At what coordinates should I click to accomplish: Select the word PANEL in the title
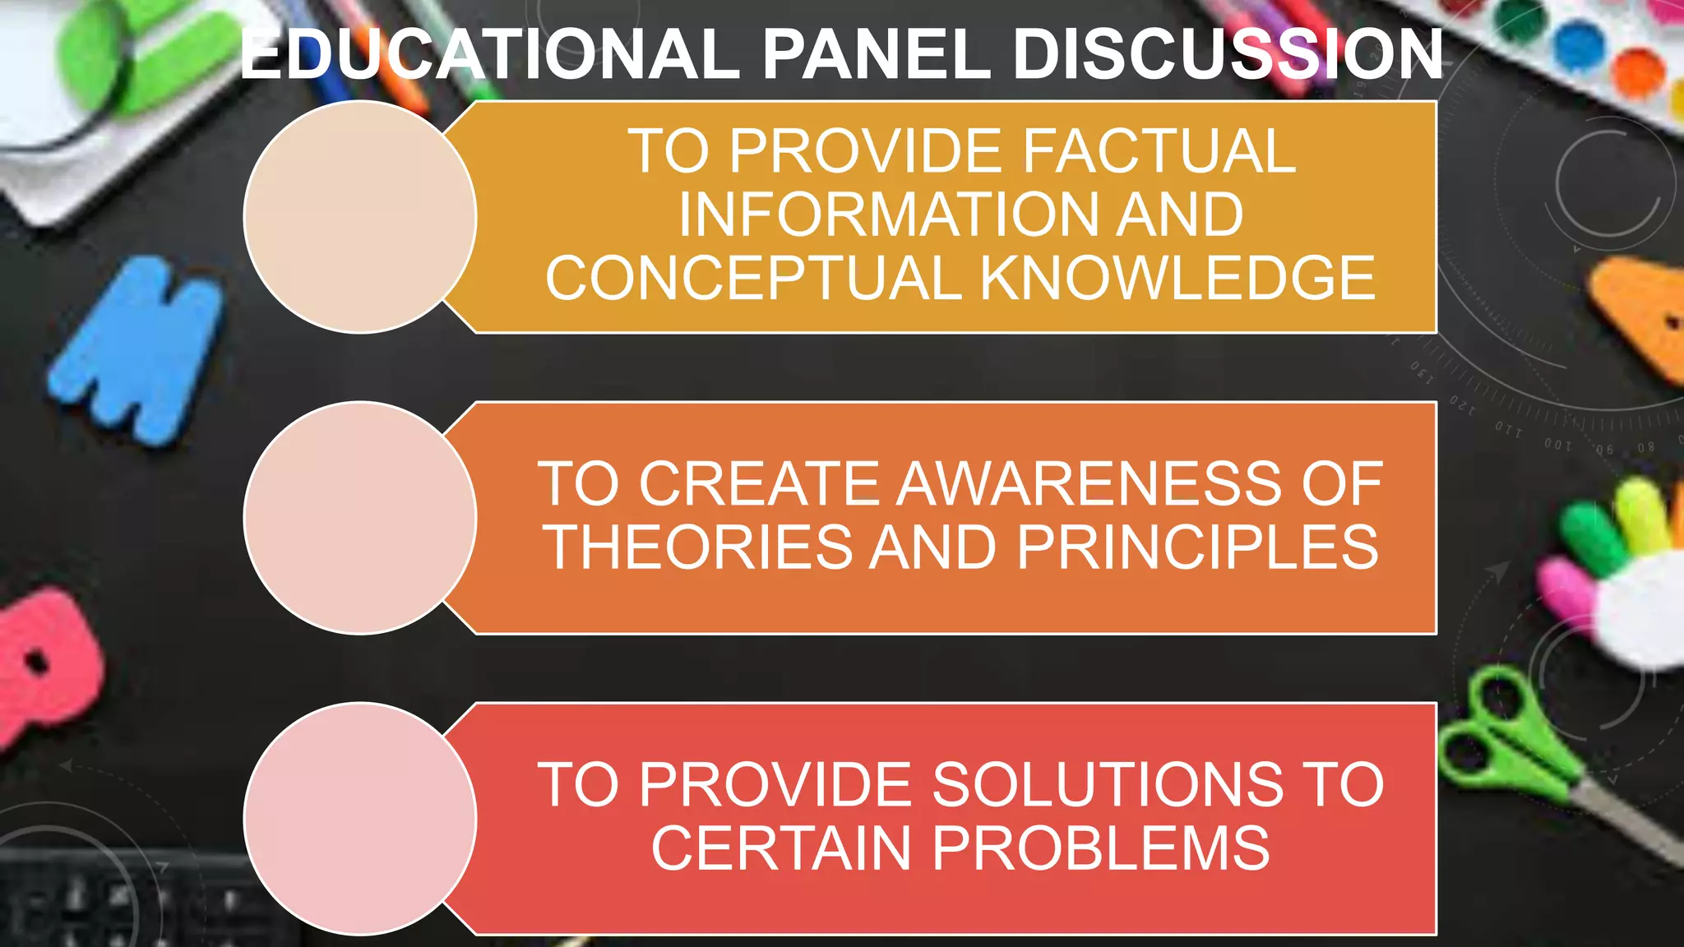pyautogui.click(x=877, y=54)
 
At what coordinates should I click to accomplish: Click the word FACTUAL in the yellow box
pyautogui.click(x=1159, y=151)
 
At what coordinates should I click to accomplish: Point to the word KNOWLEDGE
pyautogui.click(x=1177, y=278)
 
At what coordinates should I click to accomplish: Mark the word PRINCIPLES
pyautogui.click(x=1197, y=547)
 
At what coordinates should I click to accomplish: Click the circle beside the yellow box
pyautogui.click(x=360, y=217)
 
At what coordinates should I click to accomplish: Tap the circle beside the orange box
pyautogui.click(x=360, y=518)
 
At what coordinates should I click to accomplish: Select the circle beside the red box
pyautogui.click(x=360, y=819)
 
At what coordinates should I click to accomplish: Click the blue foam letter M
pyautogui.click(x=136, y=349)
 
